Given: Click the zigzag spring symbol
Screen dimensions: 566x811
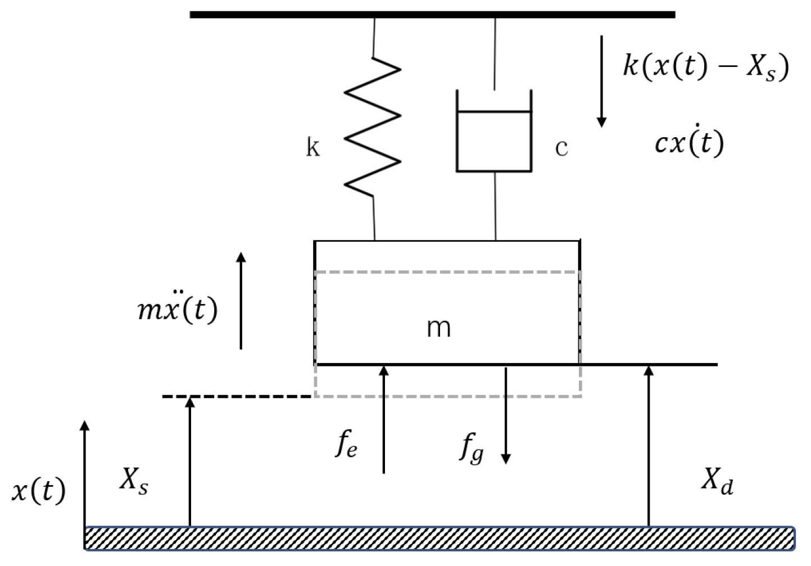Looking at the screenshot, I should point(373,126).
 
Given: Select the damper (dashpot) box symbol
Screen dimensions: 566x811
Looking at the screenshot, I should point(494,141).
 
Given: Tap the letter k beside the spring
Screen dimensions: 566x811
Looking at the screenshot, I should point(312,147).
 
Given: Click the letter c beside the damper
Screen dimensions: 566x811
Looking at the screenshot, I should point(561,148).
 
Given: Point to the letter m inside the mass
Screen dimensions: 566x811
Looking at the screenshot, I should point(438,327).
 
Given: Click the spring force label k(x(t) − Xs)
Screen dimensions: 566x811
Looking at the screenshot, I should point(706,66).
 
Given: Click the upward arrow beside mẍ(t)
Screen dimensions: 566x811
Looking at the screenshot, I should point(241,301).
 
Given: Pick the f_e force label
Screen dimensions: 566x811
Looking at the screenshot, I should point(346,445).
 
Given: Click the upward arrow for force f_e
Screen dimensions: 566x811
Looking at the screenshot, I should point(384,419).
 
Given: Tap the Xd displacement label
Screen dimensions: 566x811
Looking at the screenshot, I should point(717,482).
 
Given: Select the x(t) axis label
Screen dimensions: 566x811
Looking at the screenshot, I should point(38,491).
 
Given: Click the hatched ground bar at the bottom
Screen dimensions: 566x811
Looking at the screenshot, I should point(438,538).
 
